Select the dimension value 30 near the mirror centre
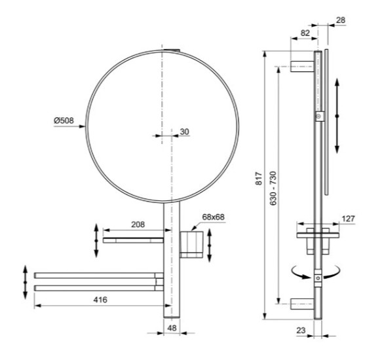pyautogui.click(x=183, y=132)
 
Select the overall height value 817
pyautogui.click(x=259, y=178)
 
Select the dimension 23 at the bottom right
pyautogui.click(x=301, y=331)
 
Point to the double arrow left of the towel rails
pyautogui.click(x=26, y=282)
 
